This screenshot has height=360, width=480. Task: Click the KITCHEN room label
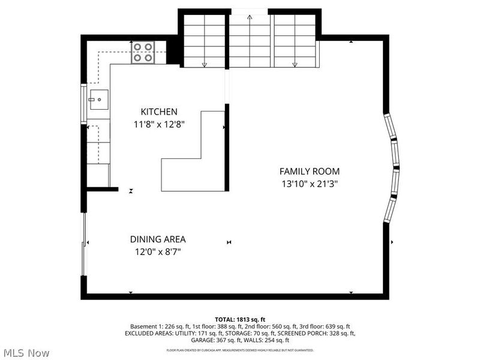pos(158,112)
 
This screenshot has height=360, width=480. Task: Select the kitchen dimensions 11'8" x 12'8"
pos(158,125)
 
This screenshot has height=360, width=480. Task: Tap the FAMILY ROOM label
pos(310,171)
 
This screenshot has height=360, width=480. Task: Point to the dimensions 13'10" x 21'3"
pos(310,184)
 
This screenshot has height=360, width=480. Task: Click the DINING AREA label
pos(158,239)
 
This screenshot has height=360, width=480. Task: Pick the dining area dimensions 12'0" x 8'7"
pos(158,252)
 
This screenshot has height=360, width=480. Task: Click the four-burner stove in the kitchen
pos(143,52)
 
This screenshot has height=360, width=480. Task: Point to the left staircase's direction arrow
pos(205,64)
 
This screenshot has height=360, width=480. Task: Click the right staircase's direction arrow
pos(295,64)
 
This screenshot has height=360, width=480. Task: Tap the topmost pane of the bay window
pos(389,127)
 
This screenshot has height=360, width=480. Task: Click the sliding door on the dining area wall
pos(84,243)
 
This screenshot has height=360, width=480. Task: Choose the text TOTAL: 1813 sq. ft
pos(240,319)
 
